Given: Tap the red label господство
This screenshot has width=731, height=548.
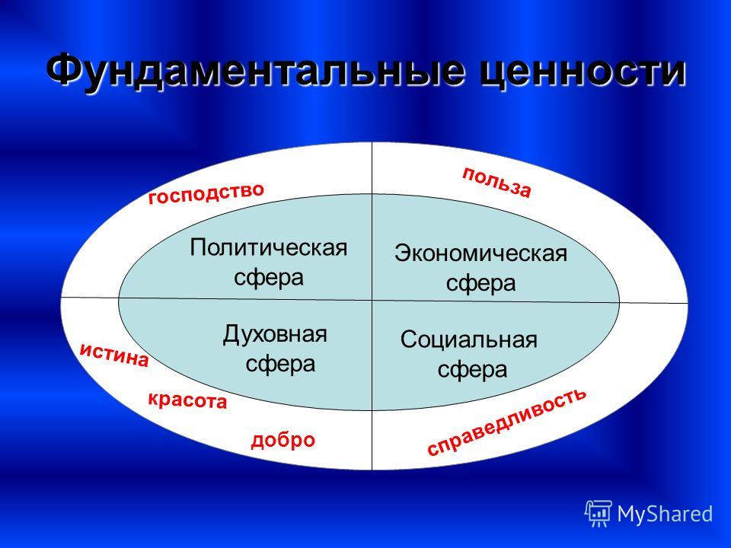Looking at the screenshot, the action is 206,193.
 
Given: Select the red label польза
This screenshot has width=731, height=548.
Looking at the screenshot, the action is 496,182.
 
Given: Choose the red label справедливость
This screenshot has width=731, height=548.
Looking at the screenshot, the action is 507,422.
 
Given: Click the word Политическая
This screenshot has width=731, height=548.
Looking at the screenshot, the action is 269,247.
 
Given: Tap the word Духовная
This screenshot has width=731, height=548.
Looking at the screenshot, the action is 275,334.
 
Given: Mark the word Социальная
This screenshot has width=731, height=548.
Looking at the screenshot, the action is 468,339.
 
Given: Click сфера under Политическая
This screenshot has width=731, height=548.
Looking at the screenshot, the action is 269,279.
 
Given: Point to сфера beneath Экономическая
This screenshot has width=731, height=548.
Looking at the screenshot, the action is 480,284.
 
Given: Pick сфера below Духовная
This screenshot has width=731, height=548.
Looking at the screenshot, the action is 280,364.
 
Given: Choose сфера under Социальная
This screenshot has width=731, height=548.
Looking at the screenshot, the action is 472,371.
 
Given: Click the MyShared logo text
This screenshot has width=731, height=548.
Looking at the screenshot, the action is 666,514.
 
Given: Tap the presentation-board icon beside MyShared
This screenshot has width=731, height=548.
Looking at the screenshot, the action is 599,514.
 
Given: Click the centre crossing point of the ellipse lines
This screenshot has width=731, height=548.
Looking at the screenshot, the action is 372,300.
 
